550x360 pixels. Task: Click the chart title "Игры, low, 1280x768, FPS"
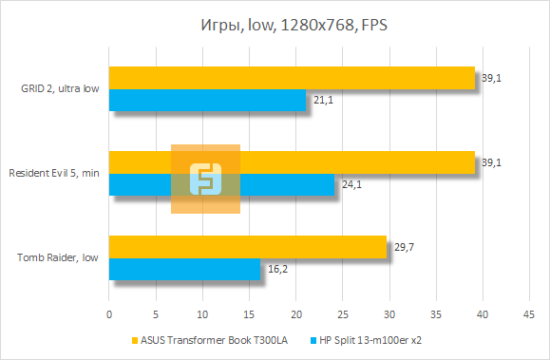(275, 25)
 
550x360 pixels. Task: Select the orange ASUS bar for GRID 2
(292, 78)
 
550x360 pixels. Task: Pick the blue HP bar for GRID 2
(207, 100)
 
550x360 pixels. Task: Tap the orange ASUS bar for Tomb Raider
(248, 247)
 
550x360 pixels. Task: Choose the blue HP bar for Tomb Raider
(184, 270)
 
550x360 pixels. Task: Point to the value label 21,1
(321, 101)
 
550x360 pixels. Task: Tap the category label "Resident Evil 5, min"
(54, 173)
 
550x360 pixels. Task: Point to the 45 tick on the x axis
(530, 313)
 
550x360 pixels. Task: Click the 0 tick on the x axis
(109, 313)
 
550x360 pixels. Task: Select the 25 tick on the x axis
(343, 313)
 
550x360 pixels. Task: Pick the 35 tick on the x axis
(436, 313)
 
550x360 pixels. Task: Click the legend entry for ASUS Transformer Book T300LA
(212, 339)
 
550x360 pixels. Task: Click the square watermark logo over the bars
(205, 179)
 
